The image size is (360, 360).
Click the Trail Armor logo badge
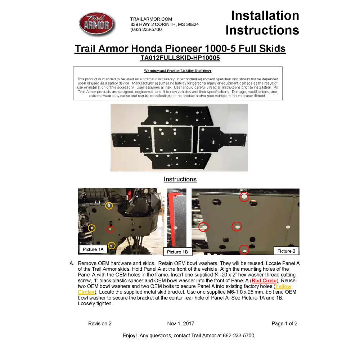96,24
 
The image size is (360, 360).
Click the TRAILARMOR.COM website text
151,19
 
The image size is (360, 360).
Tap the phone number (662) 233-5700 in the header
146,30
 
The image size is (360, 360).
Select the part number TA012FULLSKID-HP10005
180,58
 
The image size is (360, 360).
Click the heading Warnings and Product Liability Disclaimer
177,71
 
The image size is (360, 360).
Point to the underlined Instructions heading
180,179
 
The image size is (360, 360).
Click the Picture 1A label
93,249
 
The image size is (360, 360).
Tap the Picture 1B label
177,252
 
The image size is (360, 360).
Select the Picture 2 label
286,251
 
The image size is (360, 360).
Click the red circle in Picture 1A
110,229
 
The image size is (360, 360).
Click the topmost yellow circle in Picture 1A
109,206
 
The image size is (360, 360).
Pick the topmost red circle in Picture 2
244,197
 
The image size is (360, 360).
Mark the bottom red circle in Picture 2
244,250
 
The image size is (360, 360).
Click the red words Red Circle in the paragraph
264,280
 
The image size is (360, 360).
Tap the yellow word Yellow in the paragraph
283,286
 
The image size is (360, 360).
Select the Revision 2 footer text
100,324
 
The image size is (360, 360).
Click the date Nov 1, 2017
180,324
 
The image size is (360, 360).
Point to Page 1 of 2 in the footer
284,324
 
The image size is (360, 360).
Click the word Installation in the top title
265,16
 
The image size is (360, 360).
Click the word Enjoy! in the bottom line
130,336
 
